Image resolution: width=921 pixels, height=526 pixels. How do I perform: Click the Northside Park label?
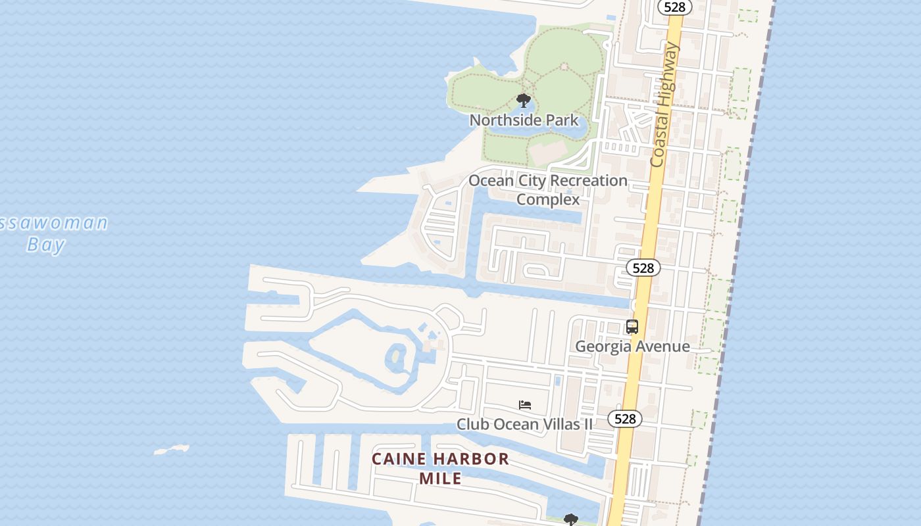tap(524, 120)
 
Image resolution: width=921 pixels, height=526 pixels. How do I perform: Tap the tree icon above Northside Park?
tap(524, 101)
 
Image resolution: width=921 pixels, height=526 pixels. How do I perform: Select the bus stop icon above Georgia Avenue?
tap(632, 327)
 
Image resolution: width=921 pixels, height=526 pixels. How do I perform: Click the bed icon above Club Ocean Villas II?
tap(524, 405)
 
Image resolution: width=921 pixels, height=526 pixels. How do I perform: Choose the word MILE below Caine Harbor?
tap(440, 478)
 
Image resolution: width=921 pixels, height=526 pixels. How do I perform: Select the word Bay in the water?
tap(46, 245)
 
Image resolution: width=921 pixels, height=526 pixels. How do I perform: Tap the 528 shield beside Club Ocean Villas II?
tap(624, 419)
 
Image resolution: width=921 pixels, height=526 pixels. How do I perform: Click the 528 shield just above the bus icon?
tap(643, 268)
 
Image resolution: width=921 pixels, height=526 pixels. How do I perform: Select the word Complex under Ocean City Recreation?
tap(548, 199)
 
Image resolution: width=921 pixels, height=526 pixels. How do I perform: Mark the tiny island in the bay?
tap(172, 450)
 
